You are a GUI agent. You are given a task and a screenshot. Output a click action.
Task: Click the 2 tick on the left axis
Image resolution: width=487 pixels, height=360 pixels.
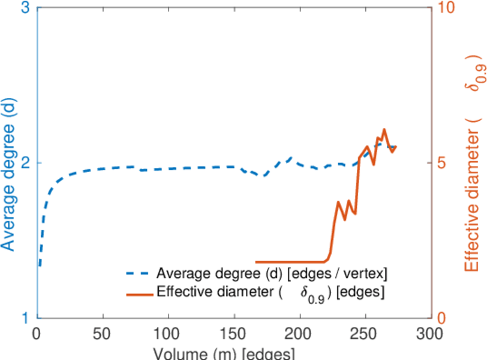[x=26, y=163]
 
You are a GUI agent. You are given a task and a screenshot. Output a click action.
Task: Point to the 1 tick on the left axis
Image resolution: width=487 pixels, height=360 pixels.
[x=26, y=317]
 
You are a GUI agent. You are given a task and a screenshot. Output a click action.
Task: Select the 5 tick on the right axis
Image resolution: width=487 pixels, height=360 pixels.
[x=441, y=163]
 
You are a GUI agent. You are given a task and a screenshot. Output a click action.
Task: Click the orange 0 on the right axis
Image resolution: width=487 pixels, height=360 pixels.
[x=441, y=317]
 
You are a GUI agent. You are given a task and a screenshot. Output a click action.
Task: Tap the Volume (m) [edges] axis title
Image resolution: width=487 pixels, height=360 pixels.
[x=224, y=353]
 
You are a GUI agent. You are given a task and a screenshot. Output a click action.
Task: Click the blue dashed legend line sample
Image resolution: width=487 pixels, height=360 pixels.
[x=139, y=274]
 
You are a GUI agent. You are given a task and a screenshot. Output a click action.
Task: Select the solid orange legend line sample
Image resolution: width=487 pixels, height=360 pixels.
[x=139, y=293]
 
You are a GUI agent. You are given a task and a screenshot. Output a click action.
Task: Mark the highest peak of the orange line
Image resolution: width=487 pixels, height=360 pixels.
[x=384, y=130]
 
